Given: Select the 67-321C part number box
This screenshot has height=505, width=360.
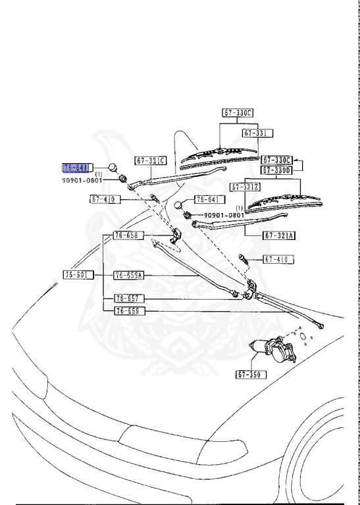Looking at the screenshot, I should [x=151, y=160].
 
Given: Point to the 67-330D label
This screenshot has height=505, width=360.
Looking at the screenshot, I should [x=276, y=170].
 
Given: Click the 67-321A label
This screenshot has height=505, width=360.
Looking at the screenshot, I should [x=280, y=235].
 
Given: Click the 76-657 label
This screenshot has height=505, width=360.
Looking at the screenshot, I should [x=128, y=298].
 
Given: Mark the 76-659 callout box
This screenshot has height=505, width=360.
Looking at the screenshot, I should [x=128, y=310].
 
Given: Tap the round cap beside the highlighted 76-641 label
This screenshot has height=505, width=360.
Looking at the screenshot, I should [x=113, y=166].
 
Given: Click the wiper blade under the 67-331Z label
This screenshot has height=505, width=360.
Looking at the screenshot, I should [x=284, y=202].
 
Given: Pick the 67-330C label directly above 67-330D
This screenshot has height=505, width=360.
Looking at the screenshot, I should [x=276, y=160].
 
